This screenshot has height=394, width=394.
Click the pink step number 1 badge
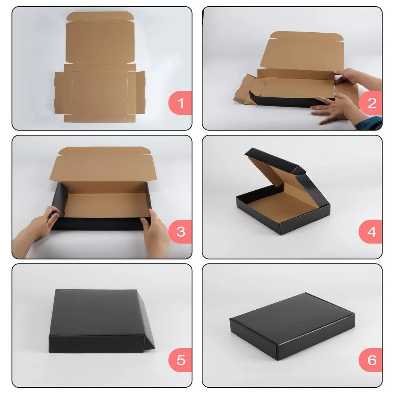click(180, 103)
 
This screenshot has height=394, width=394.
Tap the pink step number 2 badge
click(370, 103)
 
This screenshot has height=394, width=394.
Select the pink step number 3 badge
click(180, 232)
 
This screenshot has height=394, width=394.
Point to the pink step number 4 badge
click(370, 232)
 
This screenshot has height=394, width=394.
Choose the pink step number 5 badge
click(180, 360)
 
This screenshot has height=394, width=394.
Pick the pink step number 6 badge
click(370, 360)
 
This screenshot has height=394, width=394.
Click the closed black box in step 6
click(292, 326)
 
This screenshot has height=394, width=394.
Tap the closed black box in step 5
click(102, 321)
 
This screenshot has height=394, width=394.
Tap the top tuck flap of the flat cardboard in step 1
click(100, 17)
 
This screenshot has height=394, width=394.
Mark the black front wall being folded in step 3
click(100, 224)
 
